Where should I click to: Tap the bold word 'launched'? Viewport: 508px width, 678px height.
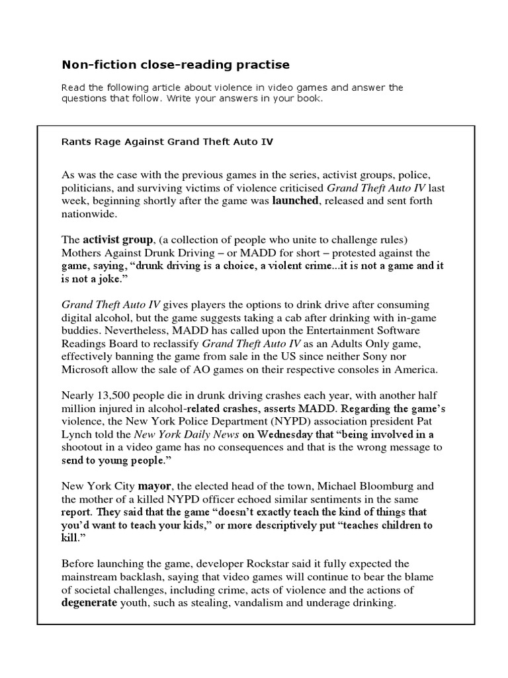click(x=296, y=200)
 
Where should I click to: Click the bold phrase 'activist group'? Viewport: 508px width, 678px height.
click(x=116, y=239)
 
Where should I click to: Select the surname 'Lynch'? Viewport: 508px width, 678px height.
click(x=77, y=435)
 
